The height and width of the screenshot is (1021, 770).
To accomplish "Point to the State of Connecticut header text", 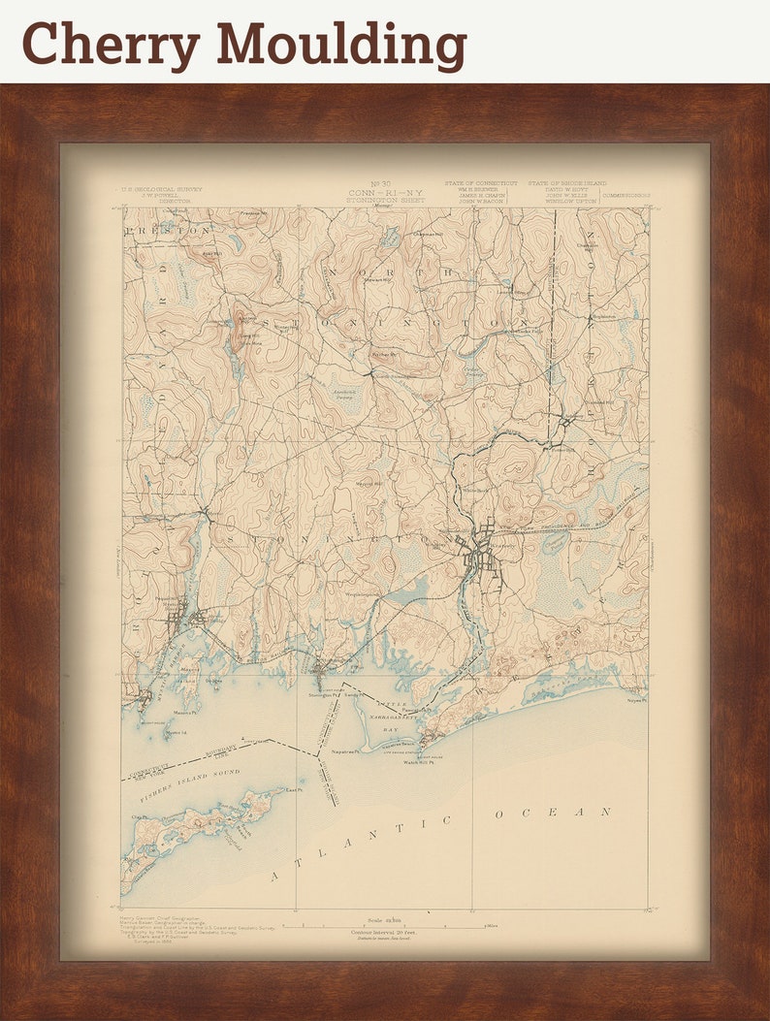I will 481,182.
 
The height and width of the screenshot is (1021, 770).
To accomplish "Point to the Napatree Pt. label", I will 346,750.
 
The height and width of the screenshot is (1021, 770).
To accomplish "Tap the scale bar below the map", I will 388,926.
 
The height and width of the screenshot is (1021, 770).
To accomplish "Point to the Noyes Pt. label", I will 635,698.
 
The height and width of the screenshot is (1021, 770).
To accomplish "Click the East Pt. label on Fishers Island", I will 290,790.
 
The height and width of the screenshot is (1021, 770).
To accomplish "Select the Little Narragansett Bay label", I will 389,714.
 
